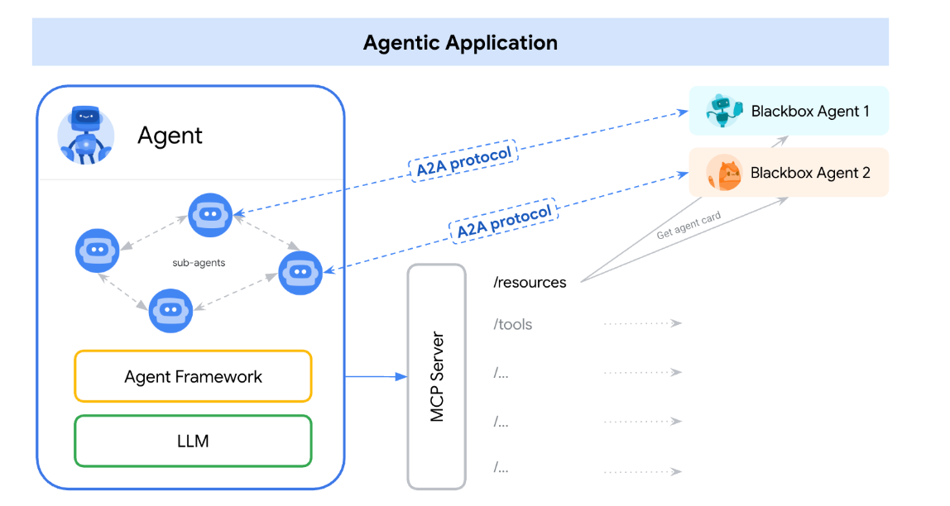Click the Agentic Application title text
tap(460, 43)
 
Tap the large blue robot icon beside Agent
tap(85, 135)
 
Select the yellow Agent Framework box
tap(193, 377)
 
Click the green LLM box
tap(193, 441)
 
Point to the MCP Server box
tap(437, 377)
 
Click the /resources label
tap(530, 283)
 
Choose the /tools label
tap(513, 324)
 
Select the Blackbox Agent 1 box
tap(789, 111)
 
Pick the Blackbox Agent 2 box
tap(789, 173)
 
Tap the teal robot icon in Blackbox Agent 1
tap(723, 111)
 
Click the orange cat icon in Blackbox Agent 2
tap(724, 174)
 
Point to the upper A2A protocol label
tap(464, 160)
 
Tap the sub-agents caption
tap(199, 263)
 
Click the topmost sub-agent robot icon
tap(210, 214)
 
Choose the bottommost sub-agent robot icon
tap(170, 310)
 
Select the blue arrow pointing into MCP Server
tap(377, 377)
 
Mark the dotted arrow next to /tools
tap(642, 324)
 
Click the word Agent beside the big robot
tap(170, 135)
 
